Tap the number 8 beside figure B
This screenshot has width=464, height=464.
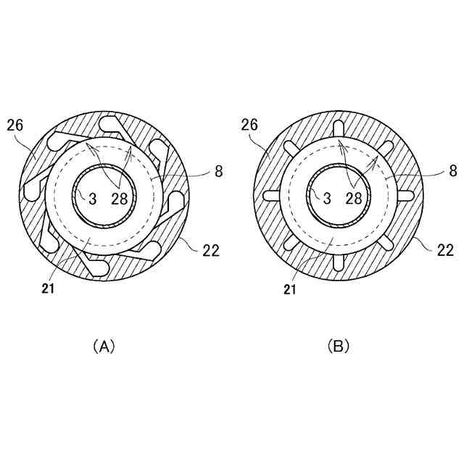pos(452,172)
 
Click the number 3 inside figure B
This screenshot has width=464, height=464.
pos(327,199)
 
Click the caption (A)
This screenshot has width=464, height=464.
pos(104,347)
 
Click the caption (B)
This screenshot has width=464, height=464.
pos(339,347)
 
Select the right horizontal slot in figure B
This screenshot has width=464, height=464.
pos(405,196)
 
